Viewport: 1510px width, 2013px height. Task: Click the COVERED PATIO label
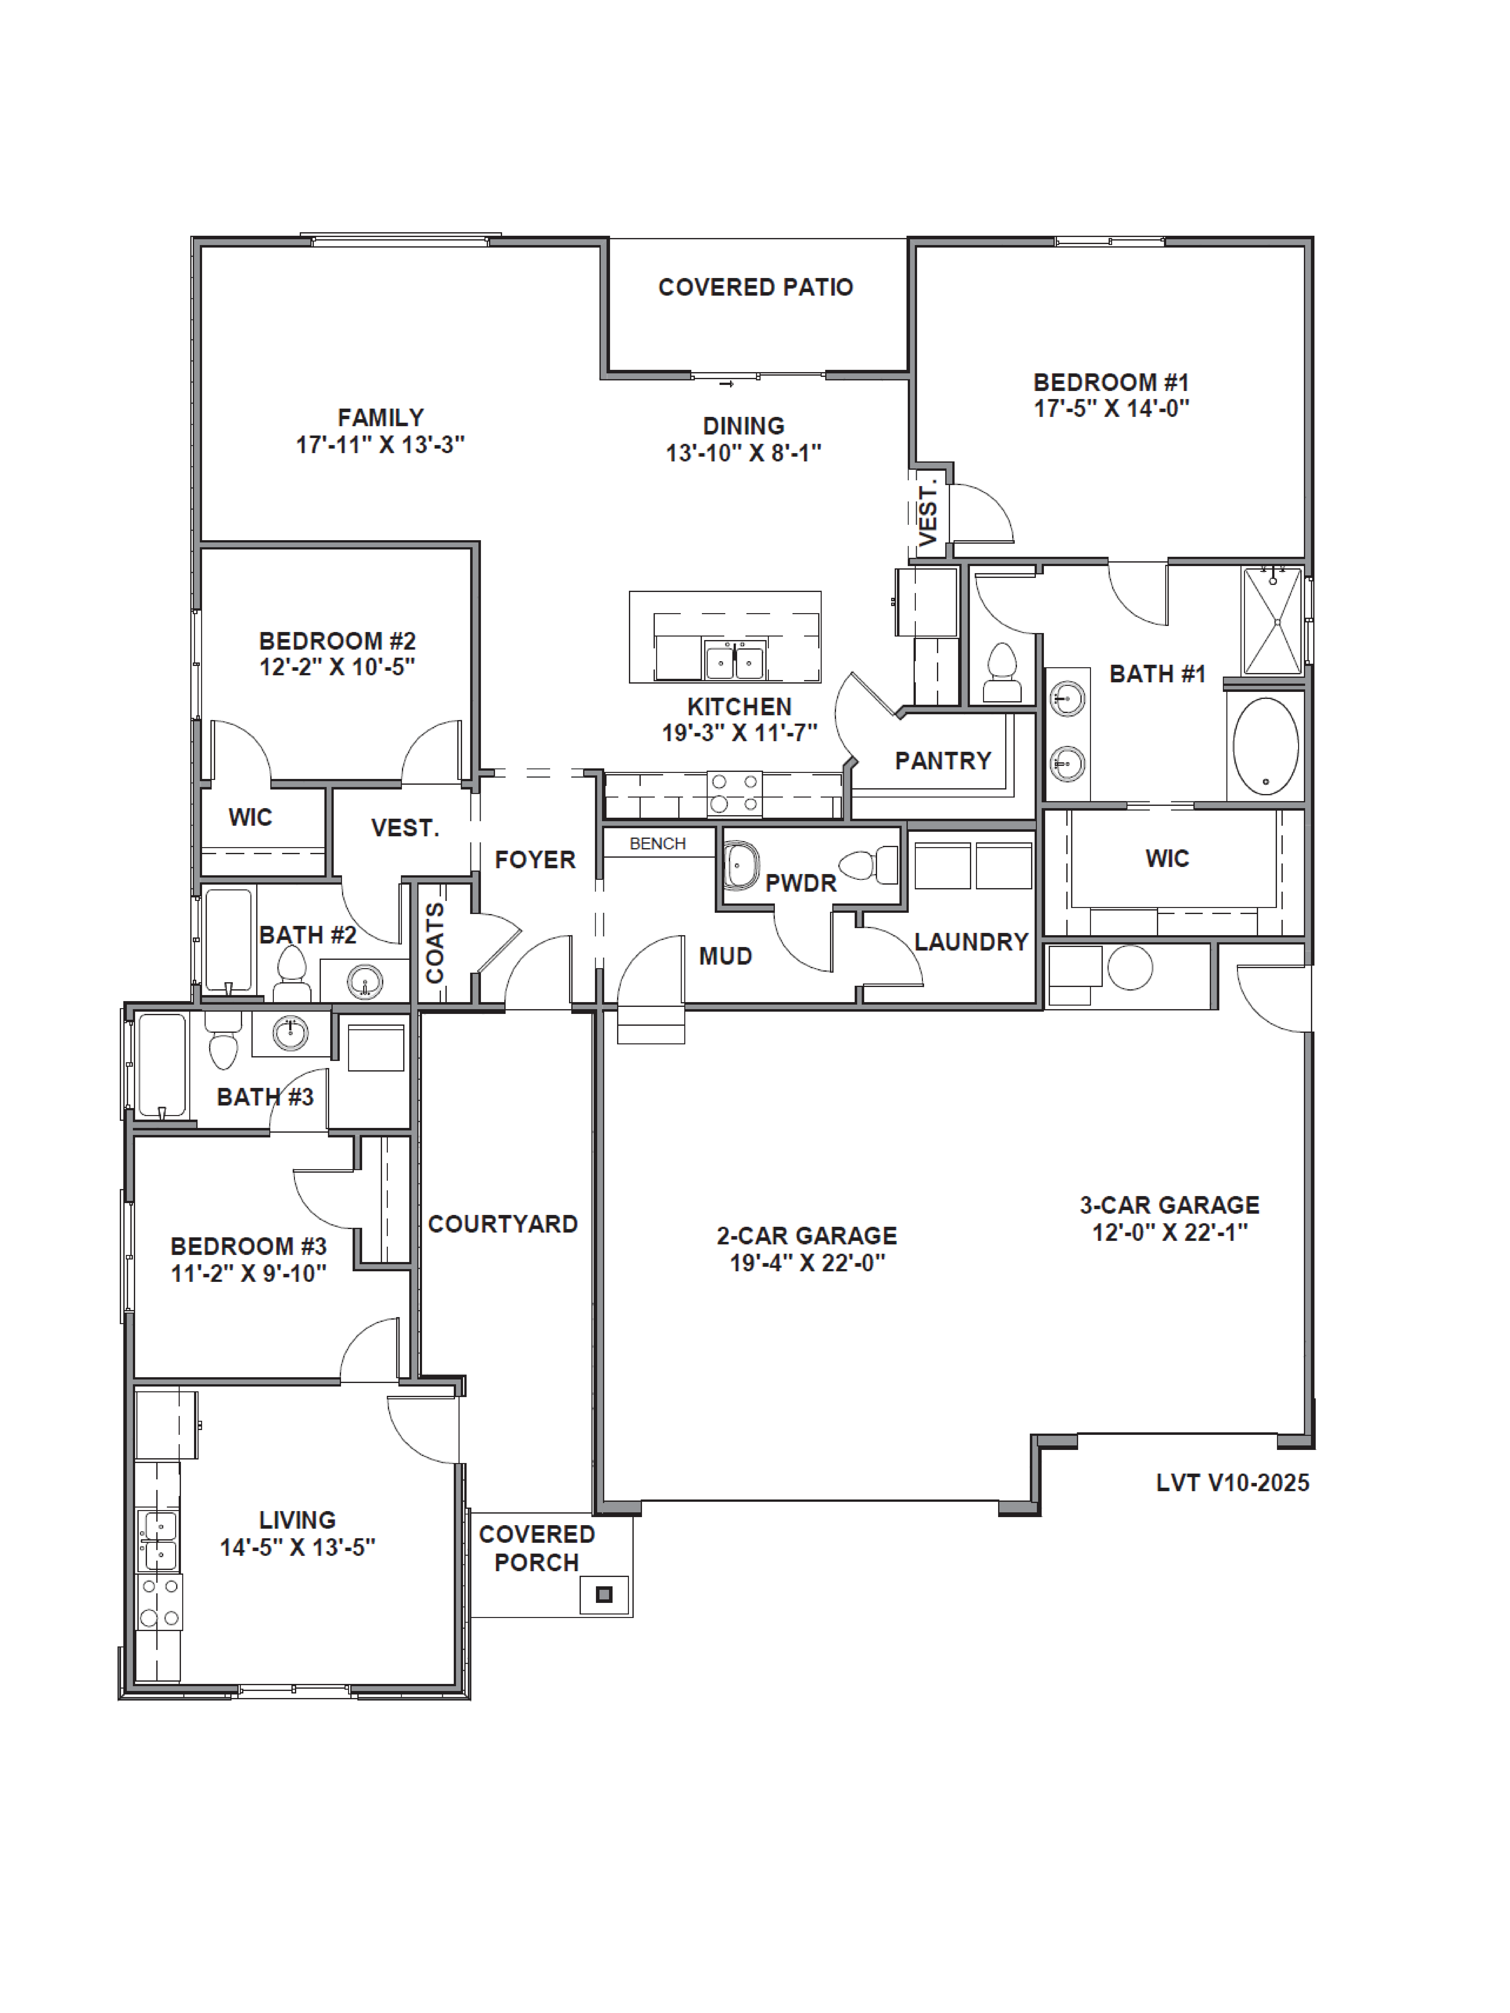coord(756,288)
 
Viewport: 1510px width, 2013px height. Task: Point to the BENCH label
coord(657,844)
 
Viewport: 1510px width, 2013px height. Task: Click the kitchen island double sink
coord(734,659)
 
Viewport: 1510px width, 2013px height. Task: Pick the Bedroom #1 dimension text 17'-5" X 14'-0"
coord(1111,409)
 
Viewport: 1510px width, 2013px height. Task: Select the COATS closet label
coord(435,943)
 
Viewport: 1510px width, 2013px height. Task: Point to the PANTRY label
coord(943,761)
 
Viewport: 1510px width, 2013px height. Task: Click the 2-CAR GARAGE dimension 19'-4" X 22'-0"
coord(807,1263)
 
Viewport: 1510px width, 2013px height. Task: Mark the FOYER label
coord(535,860)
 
